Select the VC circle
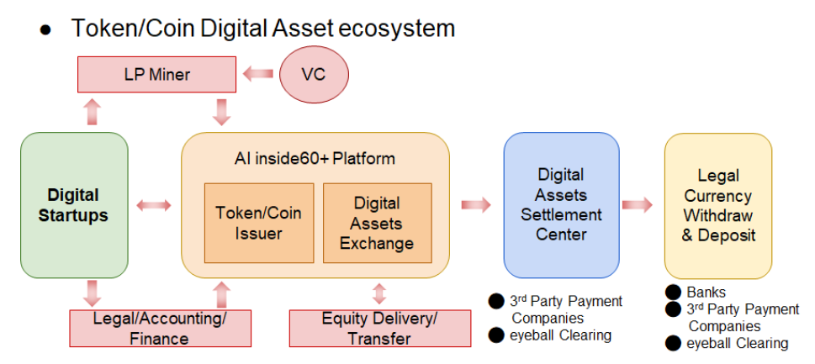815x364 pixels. tap(313, 75)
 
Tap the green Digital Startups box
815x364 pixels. tap(74, 205)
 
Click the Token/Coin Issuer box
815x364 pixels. tap(258, 223)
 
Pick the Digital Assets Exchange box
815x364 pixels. tap(377, 223)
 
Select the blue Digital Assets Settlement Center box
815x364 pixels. tap(561, 205)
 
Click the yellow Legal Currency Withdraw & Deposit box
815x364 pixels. tap(717, 205)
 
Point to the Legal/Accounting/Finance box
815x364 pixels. tap(160, 328)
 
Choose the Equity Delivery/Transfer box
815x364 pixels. tap(379, 328)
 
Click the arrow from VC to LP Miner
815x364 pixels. tap(257, 75)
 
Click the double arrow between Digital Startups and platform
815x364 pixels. tap(154, 205)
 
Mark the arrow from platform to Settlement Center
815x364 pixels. tap(476, 205)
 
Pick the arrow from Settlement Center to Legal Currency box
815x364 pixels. tap(638, 205)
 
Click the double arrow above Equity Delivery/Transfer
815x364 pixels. tap(379, 293)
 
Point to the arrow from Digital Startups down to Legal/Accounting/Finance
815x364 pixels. tap(92, 293)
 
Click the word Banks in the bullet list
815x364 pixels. tap(707, 293)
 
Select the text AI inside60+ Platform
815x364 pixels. tap(315, 158)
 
